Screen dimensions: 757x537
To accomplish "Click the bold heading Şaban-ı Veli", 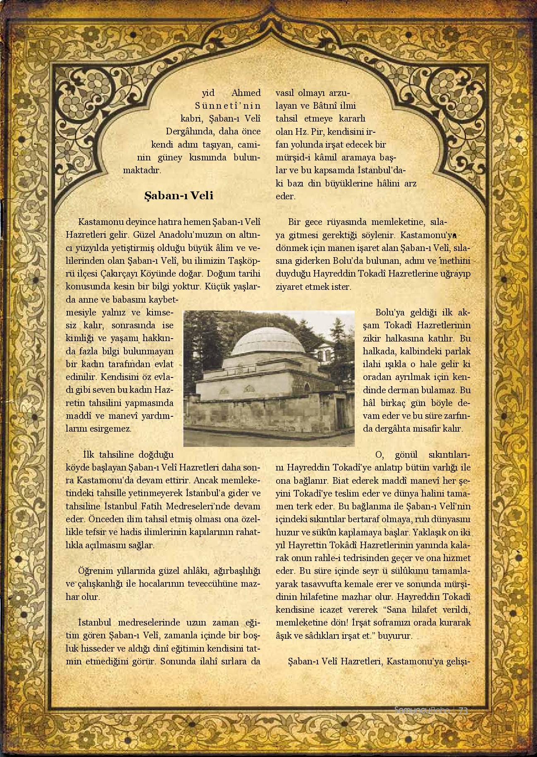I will [179, 196].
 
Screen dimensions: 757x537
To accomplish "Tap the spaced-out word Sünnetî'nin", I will [228, 106].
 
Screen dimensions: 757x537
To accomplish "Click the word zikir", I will [370, 338].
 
